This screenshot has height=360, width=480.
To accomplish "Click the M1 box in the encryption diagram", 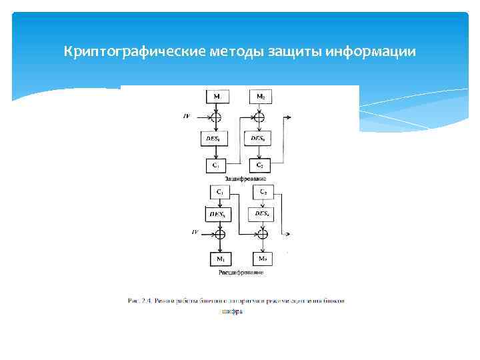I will (217, 97).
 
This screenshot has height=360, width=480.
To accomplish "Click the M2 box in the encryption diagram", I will (260, 97).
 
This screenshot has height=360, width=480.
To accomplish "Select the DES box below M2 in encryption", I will (260, 139).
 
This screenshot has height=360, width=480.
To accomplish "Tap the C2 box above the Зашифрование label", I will (260, 165).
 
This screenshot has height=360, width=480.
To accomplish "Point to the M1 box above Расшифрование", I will (220, 258).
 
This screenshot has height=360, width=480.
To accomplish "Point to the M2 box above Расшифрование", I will (263, 258).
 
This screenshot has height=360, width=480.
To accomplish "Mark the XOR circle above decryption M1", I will (220, 234).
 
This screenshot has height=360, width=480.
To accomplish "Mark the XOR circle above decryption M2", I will (264, 234).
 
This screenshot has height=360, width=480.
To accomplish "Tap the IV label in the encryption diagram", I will (186, 116).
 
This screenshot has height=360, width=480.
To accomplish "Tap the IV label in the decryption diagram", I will (195, 233).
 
